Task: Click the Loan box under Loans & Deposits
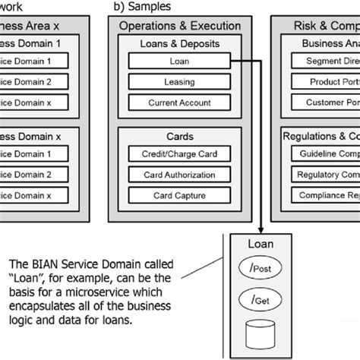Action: [x=180, y=60]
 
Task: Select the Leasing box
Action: [x=180, y=81]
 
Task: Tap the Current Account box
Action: [x=180, y=101]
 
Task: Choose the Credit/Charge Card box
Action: [x=180, y=154]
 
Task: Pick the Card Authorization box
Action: [x=180, y=175]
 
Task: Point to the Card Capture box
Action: [x=180, y=195]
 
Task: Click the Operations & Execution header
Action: [x=180, y=26]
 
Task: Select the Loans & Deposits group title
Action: [x=180, y=43]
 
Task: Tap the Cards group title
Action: [x=180, y=137]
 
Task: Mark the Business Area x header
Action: [x=38, y=26]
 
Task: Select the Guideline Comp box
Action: [x=323, y=154]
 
